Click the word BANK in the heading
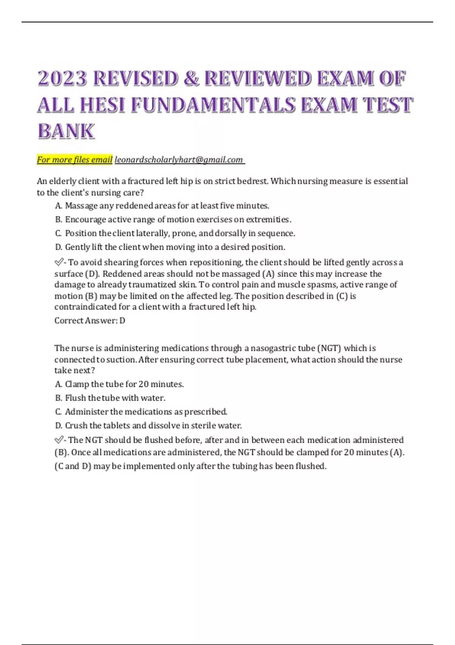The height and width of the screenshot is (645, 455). (x=66, y=131)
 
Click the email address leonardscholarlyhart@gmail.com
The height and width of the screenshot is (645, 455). (x=179, y=160)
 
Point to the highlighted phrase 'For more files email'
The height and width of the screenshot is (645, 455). (x=75, y=160)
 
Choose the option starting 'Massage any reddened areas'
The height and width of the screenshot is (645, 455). (x=162, y=206)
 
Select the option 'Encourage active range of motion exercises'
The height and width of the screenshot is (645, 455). (x=173, y=219)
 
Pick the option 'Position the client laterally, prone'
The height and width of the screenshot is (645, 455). (x=175, y=233)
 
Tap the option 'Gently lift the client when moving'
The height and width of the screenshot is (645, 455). (x=170, y=247)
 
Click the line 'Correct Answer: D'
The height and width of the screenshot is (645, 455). (x=90, y=321)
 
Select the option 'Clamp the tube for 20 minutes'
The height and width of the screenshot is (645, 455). (x=119, y=384)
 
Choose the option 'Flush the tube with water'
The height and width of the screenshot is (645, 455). (x=110, y=398)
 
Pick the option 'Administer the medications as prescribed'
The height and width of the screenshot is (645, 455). (x=141, y=412)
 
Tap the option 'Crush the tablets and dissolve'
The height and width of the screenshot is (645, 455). (x=148, y=425)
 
